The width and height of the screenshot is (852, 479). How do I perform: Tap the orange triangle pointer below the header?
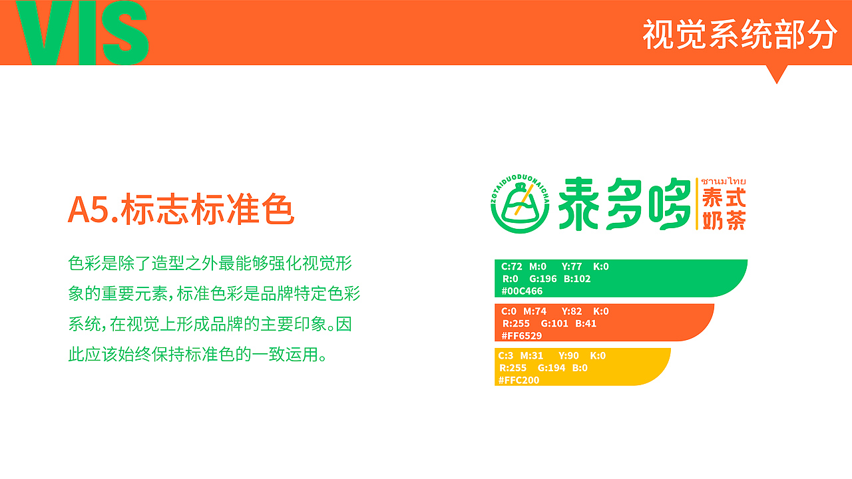click(x=776, y=73)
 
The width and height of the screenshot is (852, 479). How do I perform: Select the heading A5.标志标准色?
click(x=181, y=210)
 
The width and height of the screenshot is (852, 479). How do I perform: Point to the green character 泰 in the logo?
click(x=578, y=204)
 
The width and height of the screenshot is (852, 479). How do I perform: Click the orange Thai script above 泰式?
click(x=723, y=181)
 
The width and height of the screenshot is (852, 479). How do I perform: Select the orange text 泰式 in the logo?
click(x=724, y=198)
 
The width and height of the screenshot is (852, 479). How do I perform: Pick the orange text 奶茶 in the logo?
click(x=724, y=220)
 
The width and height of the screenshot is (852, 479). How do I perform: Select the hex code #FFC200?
click(x=519, y=381)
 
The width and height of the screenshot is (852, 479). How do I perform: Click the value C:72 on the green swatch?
click(x=512, y=267)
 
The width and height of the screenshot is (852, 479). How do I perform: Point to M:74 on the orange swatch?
click(x=534, y=311)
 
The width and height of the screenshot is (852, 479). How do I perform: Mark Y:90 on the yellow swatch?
click(x=568, y=356)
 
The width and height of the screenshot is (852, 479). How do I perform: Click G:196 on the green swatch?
click(x=543, y=279)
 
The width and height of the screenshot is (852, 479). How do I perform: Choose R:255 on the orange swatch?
click(x=516, y=323)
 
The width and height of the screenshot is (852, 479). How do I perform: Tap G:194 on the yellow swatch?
click(x=551, y=368)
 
